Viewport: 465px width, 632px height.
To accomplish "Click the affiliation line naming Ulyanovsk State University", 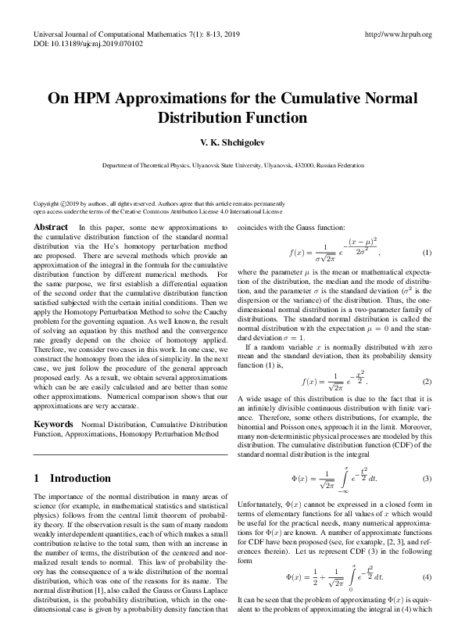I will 233,166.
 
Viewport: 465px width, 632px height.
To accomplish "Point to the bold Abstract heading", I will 51,227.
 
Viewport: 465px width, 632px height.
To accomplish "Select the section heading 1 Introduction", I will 73,478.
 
